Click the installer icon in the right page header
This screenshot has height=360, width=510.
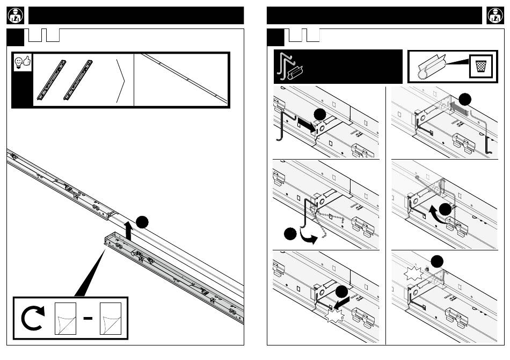click(x=494, y=16)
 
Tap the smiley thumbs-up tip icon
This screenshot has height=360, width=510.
click(x=22, y=62)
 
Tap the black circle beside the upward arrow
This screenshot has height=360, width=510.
click(x=142, y=222)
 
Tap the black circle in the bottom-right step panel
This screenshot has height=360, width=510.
click(x=438, y=261)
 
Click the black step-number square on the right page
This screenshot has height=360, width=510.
click(x=276, y=37)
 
